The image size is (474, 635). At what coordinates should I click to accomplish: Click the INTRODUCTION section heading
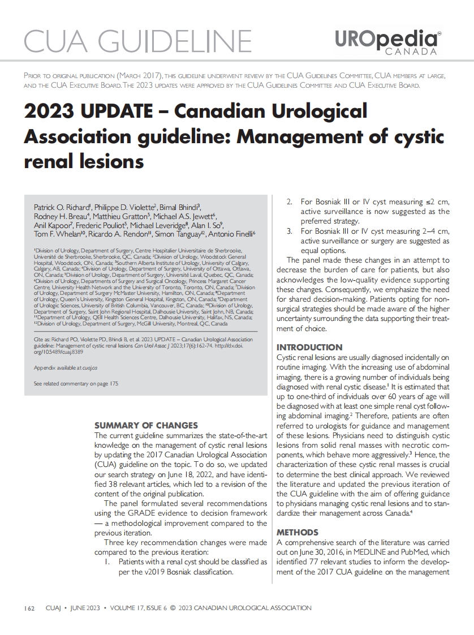309,347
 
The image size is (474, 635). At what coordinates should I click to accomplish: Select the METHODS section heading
297,533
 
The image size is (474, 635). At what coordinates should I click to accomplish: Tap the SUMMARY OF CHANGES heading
146,425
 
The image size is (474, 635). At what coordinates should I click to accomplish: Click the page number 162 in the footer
30,608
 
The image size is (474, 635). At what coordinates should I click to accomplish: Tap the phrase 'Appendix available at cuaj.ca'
66,367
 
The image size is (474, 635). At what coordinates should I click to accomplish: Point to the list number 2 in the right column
288,202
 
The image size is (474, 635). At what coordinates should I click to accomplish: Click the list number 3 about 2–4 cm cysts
288,231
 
